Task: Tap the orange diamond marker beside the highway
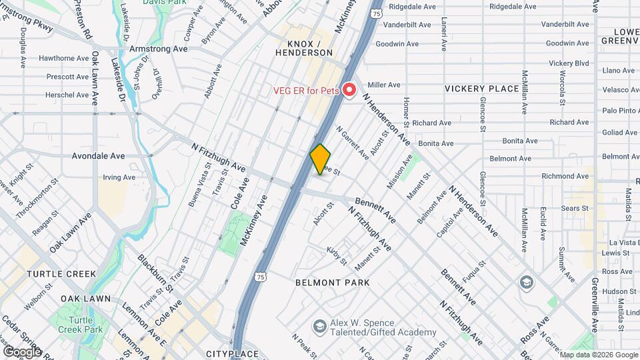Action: tap(321, 159)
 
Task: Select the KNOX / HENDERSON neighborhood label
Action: tap(305, 48)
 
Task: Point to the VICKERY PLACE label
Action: tap(482, 89)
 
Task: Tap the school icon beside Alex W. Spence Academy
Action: tap(320, 326)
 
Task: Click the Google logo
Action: tap(21, 351)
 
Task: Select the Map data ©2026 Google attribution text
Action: tap(597, 355)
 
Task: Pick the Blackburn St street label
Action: tap(155, 272)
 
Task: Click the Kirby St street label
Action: tap(337, 255)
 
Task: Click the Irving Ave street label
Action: tap(119, 177)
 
